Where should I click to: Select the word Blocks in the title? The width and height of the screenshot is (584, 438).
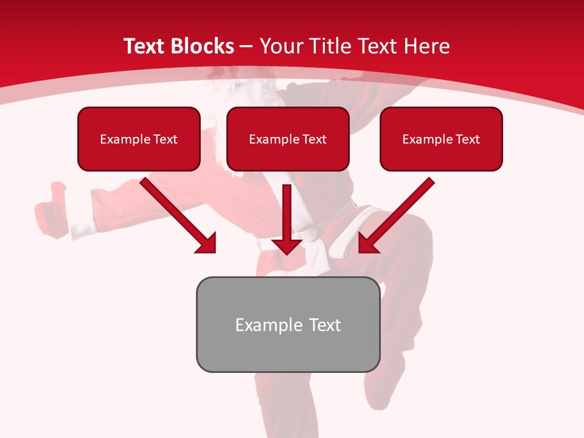202,46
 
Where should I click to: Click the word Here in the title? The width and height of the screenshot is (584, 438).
429,46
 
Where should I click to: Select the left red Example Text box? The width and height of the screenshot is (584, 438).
139,139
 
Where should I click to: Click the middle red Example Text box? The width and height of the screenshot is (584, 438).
288,139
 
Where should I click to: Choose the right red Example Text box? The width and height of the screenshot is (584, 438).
441,139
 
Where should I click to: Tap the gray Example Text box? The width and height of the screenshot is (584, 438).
288,324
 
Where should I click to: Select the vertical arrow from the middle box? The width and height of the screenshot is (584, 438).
287,213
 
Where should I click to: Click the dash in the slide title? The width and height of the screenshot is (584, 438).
246,46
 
